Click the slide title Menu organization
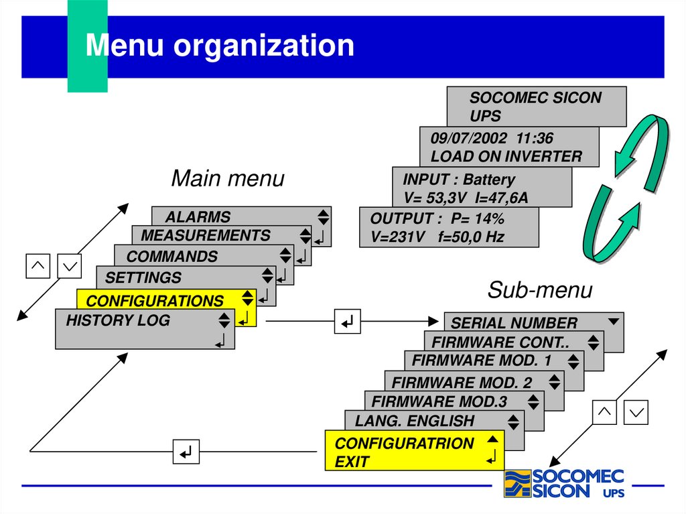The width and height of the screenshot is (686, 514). coord(220,46)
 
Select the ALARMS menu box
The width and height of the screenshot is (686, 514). coord(198,216)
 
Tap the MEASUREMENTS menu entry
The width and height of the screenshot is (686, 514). coord(206,235)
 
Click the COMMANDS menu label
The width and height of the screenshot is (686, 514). coord(172,256)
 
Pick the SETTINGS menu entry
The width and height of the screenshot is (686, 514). coord(143,277)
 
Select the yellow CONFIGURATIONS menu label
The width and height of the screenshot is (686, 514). coord(155,300)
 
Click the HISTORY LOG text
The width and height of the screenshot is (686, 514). coord(118,320)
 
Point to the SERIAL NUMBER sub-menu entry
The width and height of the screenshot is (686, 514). coord(514,323)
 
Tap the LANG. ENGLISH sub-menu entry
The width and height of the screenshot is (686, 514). coord(414,421)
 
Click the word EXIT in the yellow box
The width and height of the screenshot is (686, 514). coord(352,462)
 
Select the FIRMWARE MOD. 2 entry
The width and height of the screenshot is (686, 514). coord(462,383)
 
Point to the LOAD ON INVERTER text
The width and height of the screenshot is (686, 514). coord(506,157)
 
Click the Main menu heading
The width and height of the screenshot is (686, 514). coord(228,179)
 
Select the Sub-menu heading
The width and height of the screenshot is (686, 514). coord(540,290)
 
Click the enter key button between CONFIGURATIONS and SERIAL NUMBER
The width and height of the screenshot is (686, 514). coord(347,322)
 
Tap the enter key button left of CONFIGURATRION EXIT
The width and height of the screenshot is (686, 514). coord(186,452)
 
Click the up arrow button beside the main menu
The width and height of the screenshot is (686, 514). coord(38,265)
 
